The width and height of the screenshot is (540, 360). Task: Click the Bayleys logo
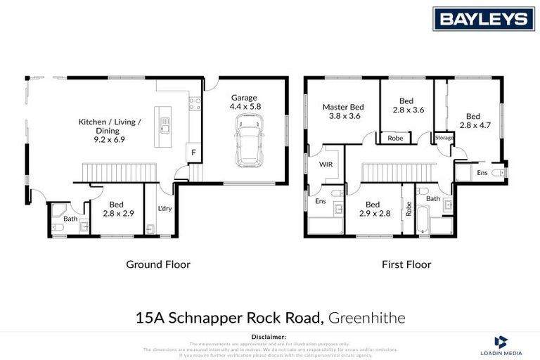pos(483,19)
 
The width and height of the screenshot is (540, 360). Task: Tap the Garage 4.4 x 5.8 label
pos(244,103)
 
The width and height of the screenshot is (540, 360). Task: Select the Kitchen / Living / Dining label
pos(109,130)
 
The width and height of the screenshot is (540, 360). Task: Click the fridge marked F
pos(191,153)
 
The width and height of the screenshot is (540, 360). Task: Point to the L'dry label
pos(165,209)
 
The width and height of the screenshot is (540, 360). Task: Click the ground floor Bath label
pos(70,219)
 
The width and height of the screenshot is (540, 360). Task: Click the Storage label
pos(444,139)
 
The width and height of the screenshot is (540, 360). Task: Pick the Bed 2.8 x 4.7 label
pos(473,121)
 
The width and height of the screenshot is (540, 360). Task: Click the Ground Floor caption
pos(157,264)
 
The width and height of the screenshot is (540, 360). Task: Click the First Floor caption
pos(407,264)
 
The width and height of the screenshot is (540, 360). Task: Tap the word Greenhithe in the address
pos(366,318)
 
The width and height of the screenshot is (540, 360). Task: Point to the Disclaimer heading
pos(269,337)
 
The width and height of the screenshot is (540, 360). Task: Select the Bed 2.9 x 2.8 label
pos(373,209)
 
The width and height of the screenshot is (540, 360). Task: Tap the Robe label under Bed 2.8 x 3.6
pos(396,139)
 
